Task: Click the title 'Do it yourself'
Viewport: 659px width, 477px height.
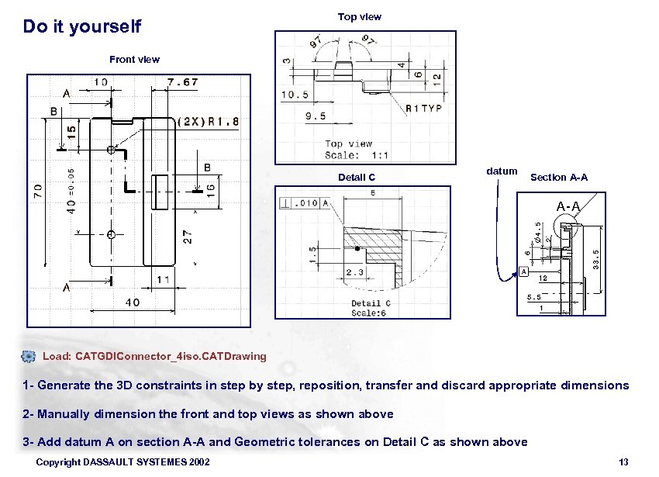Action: (x=82, y=27)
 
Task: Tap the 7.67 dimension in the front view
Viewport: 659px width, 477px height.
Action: (x=182, y=81)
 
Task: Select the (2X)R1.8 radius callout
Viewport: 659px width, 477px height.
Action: (x=209, y=122)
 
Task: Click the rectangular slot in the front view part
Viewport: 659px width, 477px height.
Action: (x=160, y=192)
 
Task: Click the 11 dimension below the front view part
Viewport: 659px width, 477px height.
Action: (x=164, y=279)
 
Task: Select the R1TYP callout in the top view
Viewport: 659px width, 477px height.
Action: (x=423, y=109)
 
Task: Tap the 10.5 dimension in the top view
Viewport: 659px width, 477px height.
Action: (x=295, y=95)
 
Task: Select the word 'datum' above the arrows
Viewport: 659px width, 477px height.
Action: (x=502, y=171)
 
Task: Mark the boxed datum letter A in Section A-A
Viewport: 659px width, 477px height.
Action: (x=524, y=272)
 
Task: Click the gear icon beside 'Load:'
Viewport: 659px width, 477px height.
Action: (x=29, y=356)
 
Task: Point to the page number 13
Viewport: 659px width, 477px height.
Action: (x=624, y=462)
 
